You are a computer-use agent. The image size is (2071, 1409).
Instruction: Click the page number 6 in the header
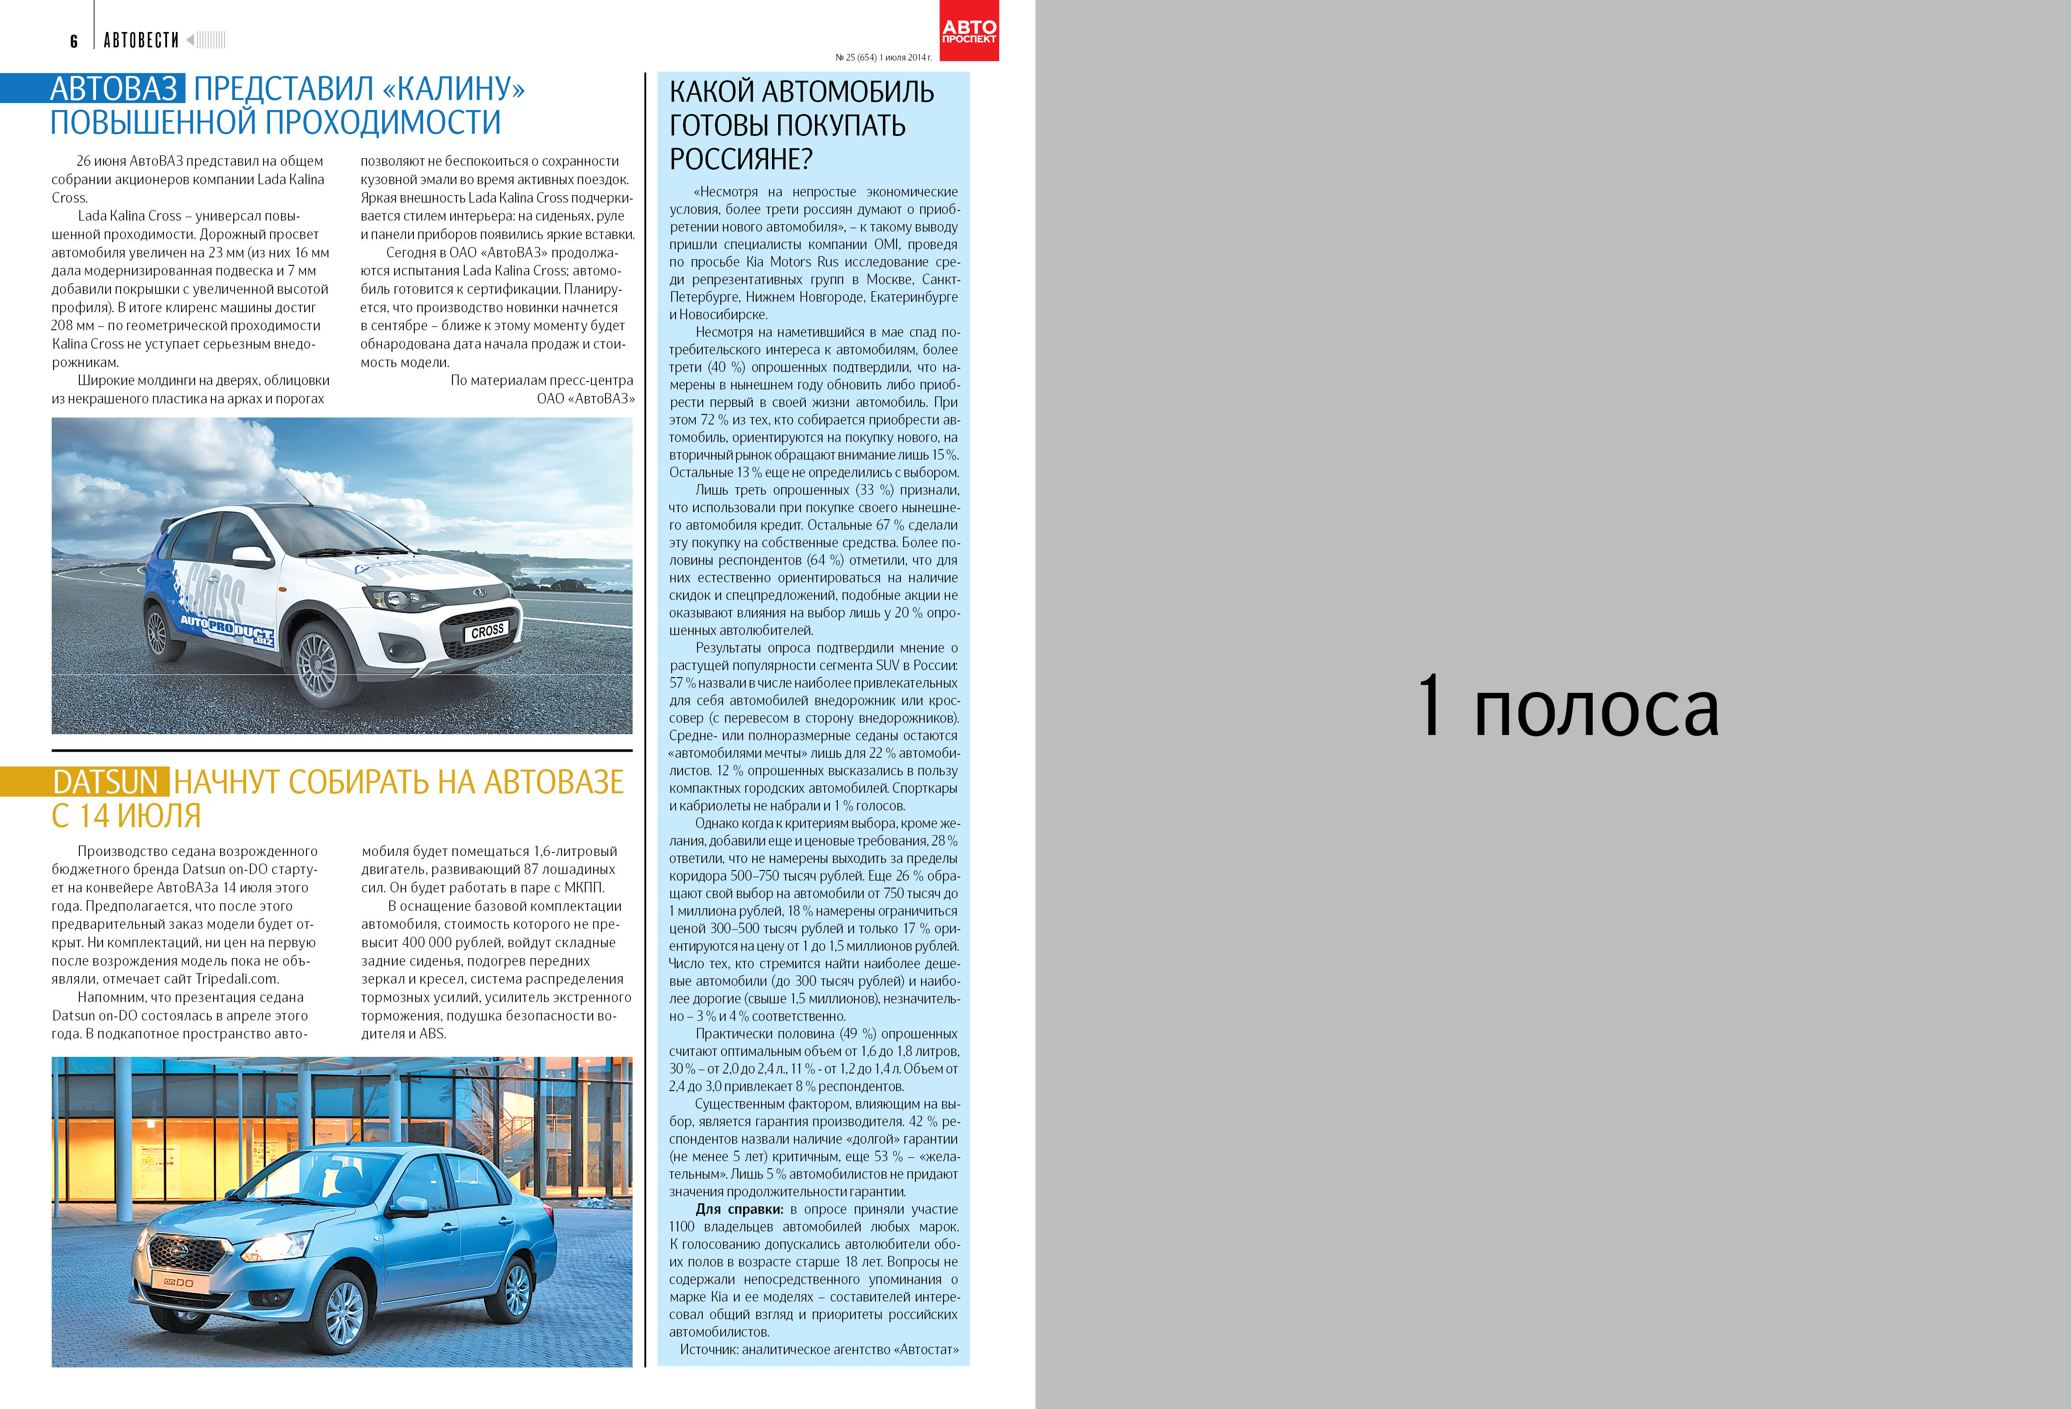(74, 41)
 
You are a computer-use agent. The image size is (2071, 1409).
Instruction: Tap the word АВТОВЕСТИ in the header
(141, 40)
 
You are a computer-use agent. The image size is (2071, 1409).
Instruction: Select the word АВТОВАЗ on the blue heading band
(114, 88)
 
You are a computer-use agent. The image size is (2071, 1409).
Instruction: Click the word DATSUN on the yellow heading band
(105, 781)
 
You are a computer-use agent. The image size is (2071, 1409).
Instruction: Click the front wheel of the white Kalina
(317, 664)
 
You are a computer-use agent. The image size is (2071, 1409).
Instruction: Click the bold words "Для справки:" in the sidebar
(739, 1209)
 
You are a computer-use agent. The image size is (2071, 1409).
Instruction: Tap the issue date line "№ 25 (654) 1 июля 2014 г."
(883, 57)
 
